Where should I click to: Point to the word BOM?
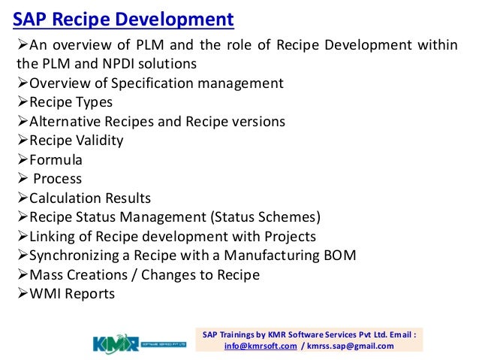click(x=339, y=256)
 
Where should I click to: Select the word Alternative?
click(x=65, y=121)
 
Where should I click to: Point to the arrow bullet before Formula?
click(x=22, y=159)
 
